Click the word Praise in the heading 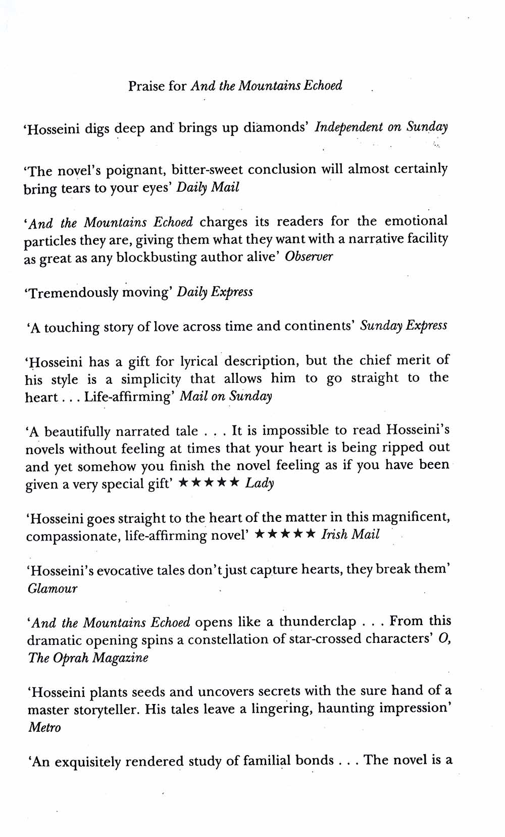point(146,86)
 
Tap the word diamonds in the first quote point(276,127)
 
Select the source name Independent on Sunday point(381,127)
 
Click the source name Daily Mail point(208,188)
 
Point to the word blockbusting point(157,257)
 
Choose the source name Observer point(309,256)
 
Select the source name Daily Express point(215,292)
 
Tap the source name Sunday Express point(403,326)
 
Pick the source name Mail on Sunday point(226,396)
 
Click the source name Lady point(259,483)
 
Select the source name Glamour point(53,588)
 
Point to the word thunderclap point(318,622)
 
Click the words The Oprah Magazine point(88,658)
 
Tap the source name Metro point(44,727)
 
